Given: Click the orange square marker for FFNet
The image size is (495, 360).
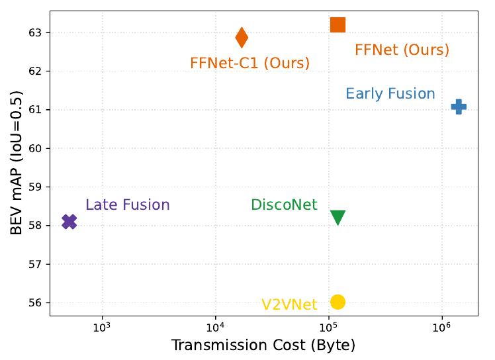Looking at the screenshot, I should pyautogui.click(x=337, y=25).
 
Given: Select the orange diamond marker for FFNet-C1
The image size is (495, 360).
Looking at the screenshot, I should pyautogui.click(x=242, y=38).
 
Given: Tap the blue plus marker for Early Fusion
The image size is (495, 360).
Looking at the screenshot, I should pyautogui.click(x=459, y=107).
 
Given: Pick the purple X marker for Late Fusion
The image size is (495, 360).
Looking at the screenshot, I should pyautogui.click(x=69, y=222).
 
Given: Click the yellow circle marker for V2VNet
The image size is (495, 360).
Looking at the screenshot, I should pyautogui.click(x=337, y=302).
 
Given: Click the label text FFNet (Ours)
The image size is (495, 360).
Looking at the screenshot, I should pyautogui.click(x=402, y=50).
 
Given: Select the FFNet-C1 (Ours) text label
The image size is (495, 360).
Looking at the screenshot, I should pyautogui.click(x=249, y=64).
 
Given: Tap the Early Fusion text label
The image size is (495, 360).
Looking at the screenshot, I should pyautogui.click(x=390, y=94).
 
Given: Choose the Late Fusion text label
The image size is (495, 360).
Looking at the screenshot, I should pyautogui.click(x=128, y=205).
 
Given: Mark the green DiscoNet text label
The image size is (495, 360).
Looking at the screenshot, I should pyautogui.click(x=284, y=205).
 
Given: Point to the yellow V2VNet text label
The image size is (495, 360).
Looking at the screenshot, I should pyautogui.click(x=289, y=304).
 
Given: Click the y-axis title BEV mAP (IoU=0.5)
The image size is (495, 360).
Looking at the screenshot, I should pyautogui.click(x=17, y=163).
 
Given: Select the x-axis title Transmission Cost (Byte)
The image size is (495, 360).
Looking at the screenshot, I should pyautogui.click(x=263, y=345).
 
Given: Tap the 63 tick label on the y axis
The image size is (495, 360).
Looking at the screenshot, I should pyautogui.click(x=34, y=32).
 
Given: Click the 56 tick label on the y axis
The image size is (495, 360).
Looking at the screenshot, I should pyautogui.click(x=34, y=303).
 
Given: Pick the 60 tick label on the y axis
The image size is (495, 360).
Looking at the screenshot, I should pyautogui.click(x=34, y=148).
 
